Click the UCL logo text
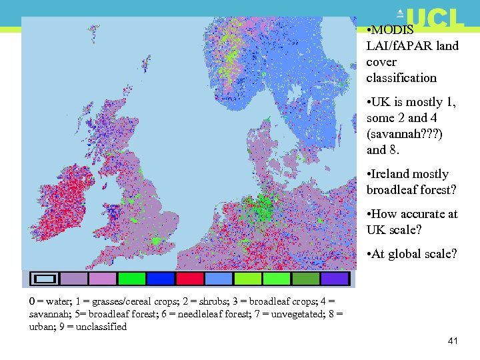point(434,18)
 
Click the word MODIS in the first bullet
point(393,30)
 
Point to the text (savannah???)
point(404,134)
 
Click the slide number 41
point(453,341)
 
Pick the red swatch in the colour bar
point(189,279)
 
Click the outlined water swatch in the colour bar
point(45,279)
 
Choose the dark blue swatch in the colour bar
point(161,279)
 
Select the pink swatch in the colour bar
point(103,279)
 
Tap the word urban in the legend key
point(43,327)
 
